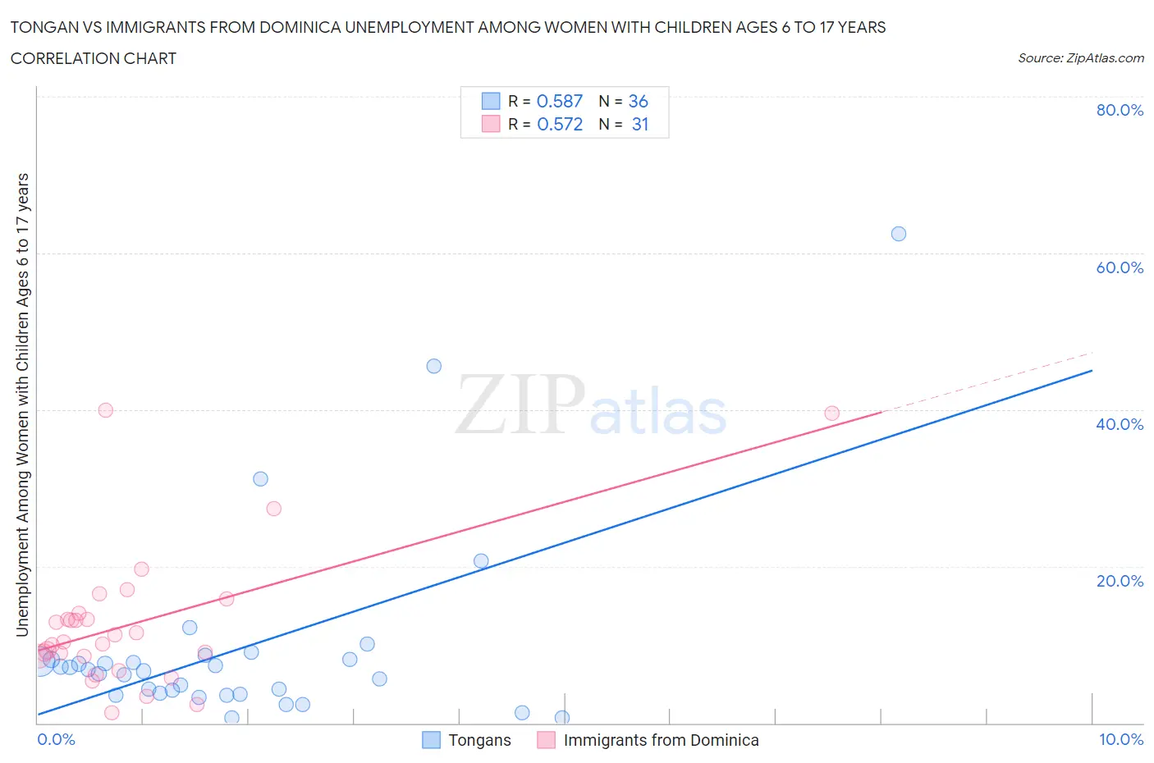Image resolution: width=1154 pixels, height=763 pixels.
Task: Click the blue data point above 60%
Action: (x=898, y=234)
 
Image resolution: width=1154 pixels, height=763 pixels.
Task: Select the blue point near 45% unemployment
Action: (x=433, y=366)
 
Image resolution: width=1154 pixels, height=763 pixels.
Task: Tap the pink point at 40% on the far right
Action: (x=831, y=413)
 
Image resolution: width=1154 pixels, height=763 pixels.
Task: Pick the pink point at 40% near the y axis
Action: (x=105, y=410)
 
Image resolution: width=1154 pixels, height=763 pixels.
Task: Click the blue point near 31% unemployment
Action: (x=260, y=479)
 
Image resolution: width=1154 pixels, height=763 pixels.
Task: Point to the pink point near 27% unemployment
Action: (x=274, y=509)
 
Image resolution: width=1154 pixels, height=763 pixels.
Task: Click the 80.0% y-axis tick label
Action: (x=1120, y=110)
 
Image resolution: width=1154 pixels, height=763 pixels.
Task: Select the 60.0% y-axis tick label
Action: (x=1120, y=267)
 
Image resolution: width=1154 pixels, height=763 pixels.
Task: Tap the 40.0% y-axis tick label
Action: (x=1120, y=424)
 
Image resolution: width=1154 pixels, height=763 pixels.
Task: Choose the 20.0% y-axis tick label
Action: (x=1120, y=581)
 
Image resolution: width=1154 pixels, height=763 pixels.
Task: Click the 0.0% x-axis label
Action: (x=56, y=739)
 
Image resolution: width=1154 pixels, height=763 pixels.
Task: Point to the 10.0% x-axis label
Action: (x=1120, y=739)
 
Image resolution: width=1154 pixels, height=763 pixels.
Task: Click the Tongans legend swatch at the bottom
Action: (x=431, y=740)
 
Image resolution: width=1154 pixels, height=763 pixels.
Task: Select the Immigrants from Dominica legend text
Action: (x=661, y=740)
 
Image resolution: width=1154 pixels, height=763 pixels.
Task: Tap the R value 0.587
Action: (x=559, y=101)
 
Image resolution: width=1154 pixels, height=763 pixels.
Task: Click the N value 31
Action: (x=640, y=124)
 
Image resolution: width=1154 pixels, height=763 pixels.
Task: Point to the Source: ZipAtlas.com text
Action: (x=1080, y=58)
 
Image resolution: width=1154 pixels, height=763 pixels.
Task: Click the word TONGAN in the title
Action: (x=45, y=27)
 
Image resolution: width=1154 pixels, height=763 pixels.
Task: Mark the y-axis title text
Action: (x=23, y=405)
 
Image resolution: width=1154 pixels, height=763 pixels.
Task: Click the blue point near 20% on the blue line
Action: (x=481, y=561)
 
